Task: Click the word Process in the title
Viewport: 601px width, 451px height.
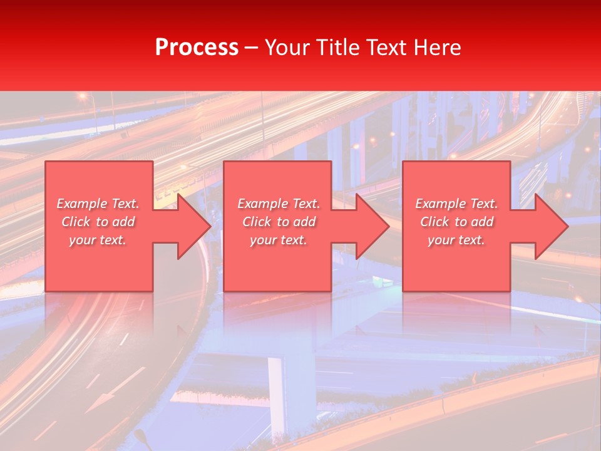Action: click(197, 48)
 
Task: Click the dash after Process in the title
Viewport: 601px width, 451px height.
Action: click(252, 48)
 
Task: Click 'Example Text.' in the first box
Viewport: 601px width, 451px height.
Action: click(98, 204)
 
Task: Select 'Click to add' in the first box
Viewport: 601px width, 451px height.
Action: click(98, 222)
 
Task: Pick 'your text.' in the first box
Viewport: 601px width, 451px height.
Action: click(98, 240)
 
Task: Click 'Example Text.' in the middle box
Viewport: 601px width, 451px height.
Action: click(279, 204)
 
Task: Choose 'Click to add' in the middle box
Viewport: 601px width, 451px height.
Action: click(279, 222)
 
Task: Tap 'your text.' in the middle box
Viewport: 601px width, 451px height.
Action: click(279, 240)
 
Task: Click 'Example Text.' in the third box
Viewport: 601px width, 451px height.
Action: click(456, 204)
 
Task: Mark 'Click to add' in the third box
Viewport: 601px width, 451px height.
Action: click(456, 222)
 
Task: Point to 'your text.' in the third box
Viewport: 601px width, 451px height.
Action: click(456, 240)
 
